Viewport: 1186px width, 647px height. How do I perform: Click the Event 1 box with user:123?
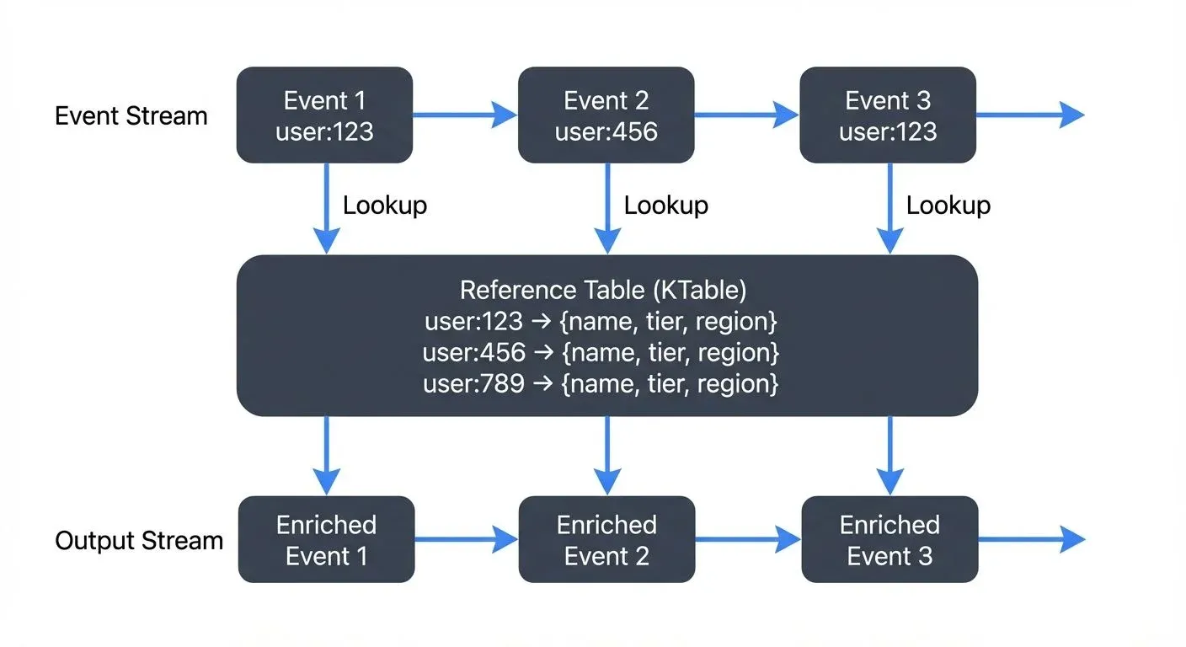pos(324,115)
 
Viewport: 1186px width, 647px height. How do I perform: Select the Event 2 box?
pos(606,115)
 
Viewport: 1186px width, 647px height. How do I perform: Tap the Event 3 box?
pos(887,115)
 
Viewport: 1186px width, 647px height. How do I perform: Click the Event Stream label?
pos(131,115)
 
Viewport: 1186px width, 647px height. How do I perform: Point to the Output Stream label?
pos(139,540)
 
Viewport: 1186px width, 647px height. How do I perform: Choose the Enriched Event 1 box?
pos(326,540)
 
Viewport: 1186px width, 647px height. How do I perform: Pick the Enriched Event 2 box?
pos(606,540)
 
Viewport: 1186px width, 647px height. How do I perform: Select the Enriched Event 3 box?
pos(889,540)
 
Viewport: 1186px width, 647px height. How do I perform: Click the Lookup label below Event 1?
pos(385,206)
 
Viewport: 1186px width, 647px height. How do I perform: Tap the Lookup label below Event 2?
pos(665,206)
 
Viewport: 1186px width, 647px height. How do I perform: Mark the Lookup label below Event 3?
pos(948,206)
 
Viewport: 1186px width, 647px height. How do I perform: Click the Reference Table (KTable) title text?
pos(603,291)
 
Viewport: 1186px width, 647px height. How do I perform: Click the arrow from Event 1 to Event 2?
pos(465,115)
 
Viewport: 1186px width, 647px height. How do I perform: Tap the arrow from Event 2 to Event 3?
pos(746,115)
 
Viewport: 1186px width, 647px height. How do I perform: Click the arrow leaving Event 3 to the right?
pos(1029,115)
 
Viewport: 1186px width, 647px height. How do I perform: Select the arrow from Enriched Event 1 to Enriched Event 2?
pos(467,540)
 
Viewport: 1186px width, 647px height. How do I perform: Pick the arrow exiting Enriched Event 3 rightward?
pos(1031,540)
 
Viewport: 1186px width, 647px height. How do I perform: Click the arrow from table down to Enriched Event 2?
pos(606,455)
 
